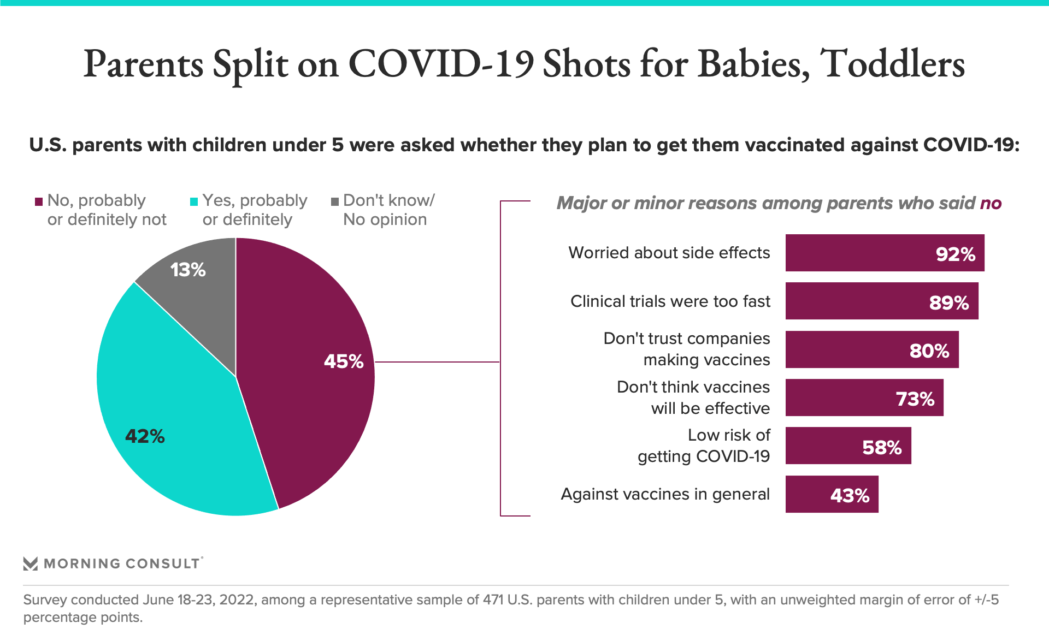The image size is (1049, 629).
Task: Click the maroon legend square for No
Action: [x=39, y=201]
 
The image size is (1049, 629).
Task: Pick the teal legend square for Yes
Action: [x=193, y=201]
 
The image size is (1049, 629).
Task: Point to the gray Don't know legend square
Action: [x=335, y=201]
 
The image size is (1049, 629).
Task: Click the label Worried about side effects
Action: [x=669, y=253]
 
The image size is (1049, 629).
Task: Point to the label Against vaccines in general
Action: [x=665, y=494]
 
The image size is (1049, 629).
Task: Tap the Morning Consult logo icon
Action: [x=31, y=563]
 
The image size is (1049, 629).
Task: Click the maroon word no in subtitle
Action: [x=990, y=204]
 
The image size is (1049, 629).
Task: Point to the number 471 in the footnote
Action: [x=492, y=600]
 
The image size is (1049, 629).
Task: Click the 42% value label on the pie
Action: [x=145, y=436]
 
